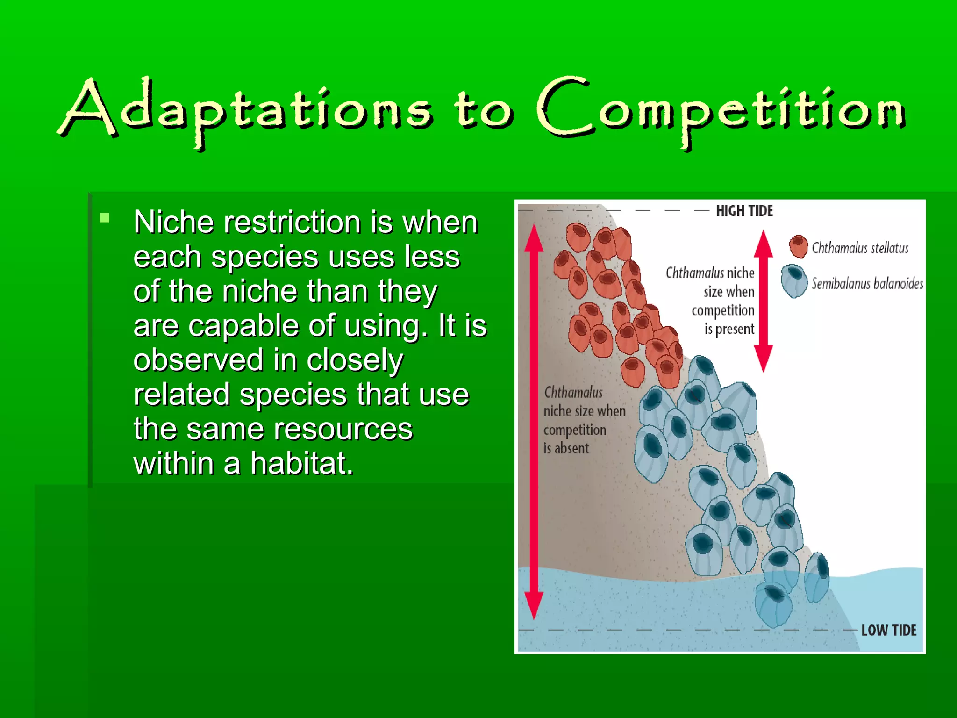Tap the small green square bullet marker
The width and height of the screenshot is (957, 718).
tap(104, 217)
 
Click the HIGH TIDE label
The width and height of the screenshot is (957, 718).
tap(744, 211)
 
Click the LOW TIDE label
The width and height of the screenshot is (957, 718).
tap(888, 630)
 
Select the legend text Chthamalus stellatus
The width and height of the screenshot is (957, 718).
tap(860, 248)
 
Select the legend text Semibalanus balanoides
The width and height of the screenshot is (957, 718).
tap(867, 284)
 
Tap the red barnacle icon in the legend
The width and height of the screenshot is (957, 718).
tap(798, 246)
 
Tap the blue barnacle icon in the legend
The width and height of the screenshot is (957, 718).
tap(794, 281)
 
